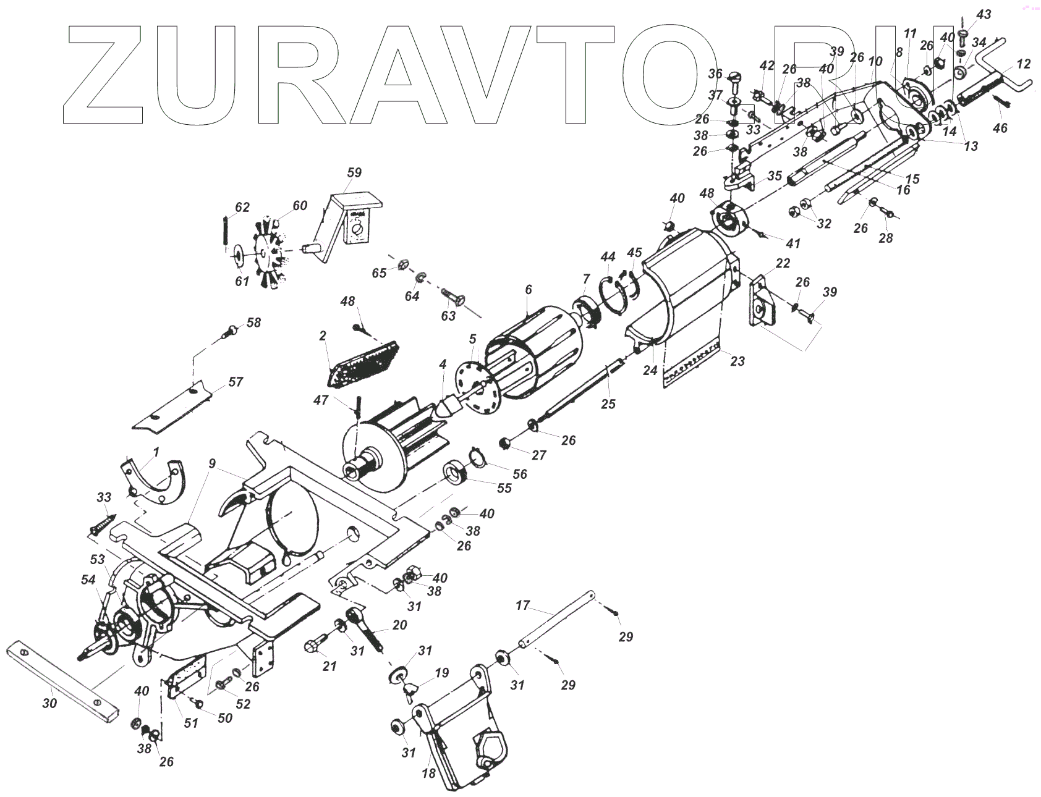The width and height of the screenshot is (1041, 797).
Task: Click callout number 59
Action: tap(354, 172)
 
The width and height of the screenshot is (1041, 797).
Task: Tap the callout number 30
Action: tap(49, 703)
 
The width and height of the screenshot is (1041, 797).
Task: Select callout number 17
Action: tap(523, 605)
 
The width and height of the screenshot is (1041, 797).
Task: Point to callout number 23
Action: tap(737, 361)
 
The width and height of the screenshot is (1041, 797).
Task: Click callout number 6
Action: tap(528, 289)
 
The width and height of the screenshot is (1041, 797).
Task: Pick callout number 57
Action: tap(236, 382)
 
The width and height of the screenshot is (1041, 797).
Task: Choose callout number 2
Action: tap(323, 335)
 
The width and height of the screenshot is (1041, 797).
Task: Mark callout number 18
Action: tap(428, 773)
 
